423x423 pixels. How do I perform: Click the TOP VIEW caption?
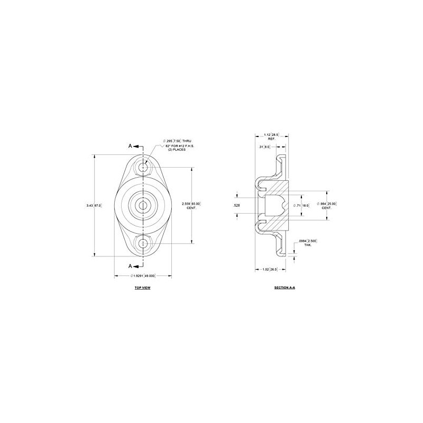click(x=142, y=288)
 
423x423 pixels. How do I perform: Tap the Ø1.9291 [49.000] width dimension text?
click(x=142, y=276)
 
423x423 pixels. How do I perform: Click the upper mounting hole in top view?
click(x=142, y=168)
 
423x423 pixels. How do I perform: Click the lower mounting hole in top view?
click(x=142, y=243)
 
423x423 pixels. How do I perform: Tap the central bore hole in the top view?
click(x=142, y=205)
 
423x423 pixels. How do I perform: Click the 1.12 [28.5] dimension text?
click(x=271, y=135)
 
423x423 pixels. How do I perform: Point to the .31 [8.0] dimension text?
click(x=264, y=146)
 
